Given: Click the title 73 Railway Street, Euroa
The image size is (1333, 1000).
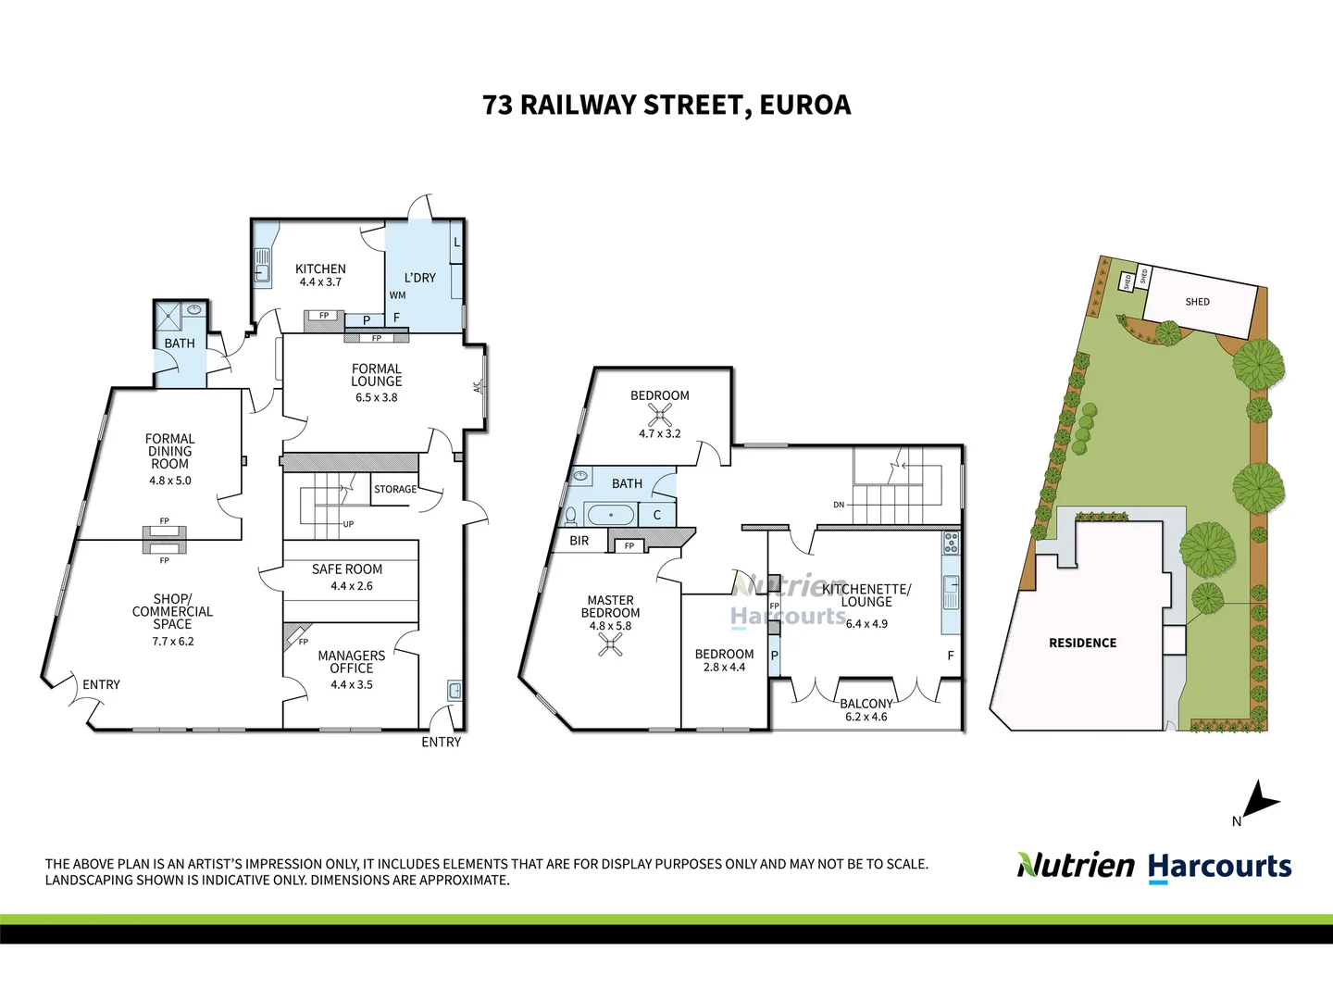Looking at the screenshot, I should click(666, 105).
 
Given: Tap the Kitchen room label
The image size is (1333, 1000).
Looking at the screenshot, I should click(320, 269).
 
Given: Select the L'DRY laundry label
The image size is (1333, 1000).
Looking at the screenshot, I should click(419, 278).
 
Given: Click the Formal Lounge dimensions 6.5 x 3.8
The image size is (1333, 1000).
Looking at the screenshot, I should click(376, 397).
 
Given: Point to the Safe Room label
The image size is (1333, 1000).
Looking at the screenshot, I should click(347, 569).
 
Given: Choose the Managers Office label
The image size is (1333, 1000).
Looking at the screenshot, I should click(352, 661).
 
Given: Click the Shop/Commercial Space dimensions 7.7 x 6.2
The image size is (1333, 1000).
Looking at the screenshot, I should click(173, 641).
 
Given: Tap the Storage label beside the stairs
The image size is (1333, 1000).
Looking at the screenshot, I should click(395, 489).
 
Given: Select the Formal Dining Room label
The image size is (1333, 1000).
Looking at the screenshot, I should click(170, 451).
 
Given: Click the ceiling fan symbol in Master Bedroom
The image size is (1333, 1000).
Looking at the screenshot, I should click(610, 644).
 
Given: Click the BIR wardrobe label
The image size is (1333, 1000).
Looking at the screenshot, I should click(579, 541).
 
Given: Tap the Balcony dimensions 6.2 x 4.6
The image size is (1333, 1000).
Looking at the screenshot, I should click(866, 717).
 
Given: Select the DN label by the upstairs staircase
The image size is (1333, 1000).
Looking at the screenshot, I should click(839, 505).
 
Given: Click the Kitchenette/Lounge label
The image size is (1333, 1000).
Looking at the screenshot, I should click(866, 595).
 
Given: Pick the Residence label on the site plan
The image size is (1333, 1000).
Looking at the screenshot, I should click(1082, 643).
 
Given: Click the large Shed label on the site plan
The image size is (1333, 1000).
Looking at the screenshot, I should click(1197, 302).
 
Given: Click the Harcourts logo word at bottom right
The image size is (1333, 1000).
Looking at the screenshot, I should click(1219, 867).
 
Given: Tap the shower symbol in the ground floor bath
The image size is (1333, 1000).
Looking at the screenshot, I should click(168, 317).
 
